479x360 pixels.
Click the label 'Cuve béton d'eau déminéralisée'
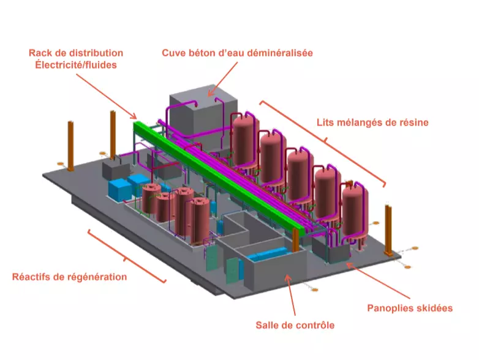[237, 53]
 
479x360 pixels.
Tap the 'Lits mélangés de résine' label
[372, 122]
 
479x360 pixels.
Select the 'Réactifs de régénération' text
[69, 277]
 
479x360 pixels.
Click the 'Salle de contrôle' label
[295, 325]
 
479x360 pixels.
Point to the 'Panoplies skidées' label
[410, 307]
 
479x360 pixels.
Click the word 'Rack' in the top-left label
[42, 53]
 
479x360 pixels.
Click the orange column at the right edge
[388, 230]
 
